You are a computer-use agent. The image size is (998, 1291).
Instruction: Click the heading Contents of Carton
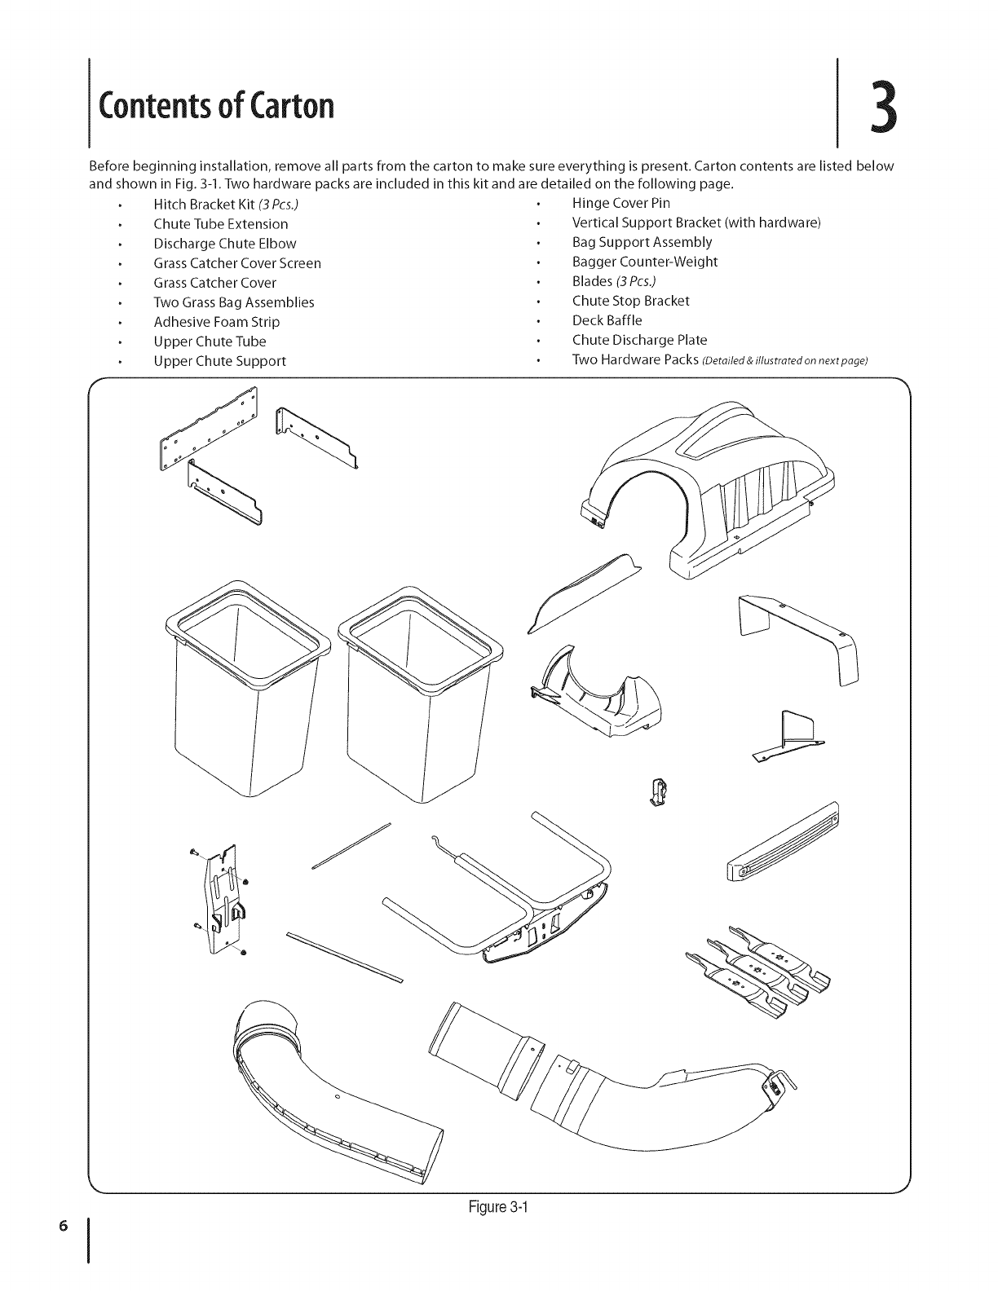pyautogui.click(x=216, y=106)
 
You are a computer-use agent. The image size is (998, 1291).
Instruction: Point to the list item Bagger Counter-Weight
pyautogui.click(x=644, y=262)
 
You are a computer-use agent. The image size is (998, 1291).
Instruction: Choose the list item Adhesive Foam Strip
pyautogui.click(x=216, y=322)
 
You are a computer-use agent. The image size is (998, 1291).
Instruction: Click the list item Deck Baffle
pyautogui.click(x=607, y=320)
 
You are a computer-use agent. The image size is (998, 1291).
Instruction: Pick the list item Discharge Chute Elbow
pyautogui.click(x=224, y=244)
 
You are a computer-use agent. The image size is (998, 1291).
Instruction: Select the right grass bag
pyautogui.click(x=420, y=685)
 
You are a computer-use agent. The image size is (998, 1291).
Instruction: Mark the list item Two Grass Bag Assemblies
pyautogui.click(x=233, y=302)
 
